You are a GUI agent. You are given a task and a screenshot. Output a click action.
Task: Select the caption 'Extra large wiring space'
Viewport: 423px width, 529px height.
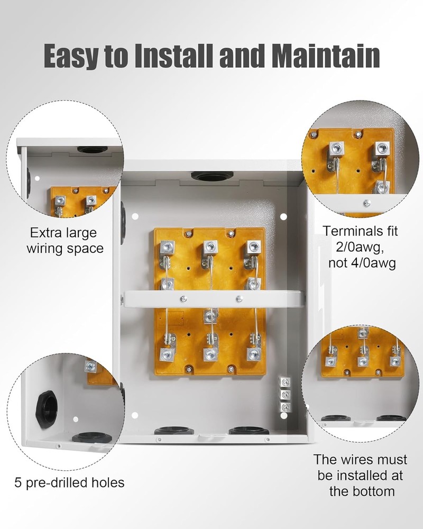[67, 241]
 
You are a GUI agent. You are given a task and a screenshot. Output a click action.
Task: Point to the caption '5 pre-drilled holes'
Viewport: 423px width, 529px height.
[69, 482]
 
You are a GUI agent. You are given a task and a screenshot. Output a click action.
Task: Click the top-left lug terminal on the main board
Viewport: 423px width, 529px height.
[167, 247]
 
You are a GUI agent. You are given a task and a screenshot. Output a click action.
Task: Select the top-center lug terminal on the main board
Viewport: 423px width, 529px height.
[210, 247]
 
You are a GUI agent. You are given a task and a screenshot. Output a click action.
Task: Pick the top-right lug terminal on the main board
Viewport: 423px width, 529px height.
[253, 247]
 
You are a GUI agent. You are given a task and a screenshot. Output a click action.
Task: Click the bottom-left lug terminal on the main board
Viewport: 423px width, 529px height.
[167, 353]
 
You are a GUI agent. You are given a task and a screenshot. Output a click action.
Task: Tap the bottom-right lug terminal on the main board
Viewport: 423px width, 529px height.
[253, 353]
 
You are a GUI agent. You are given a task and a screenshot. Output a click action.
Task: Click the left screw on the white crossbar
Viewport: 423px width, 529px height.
[183, 299]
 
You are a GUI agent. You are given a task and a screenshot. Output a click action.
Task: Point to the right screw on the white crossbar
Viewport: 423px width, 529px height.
[239, 299]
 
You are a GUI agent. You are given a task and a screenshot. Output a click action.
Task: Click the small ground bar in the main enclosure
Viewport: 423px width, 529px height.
[285, 395]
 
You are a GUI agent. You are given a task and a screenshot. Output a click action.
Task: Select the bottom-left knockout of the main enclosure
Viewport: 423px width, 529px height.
[173, 431]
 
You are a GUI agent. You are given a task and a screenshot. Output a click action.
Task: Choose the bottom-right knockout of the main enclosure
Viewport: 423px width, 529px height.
[249, 431]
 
